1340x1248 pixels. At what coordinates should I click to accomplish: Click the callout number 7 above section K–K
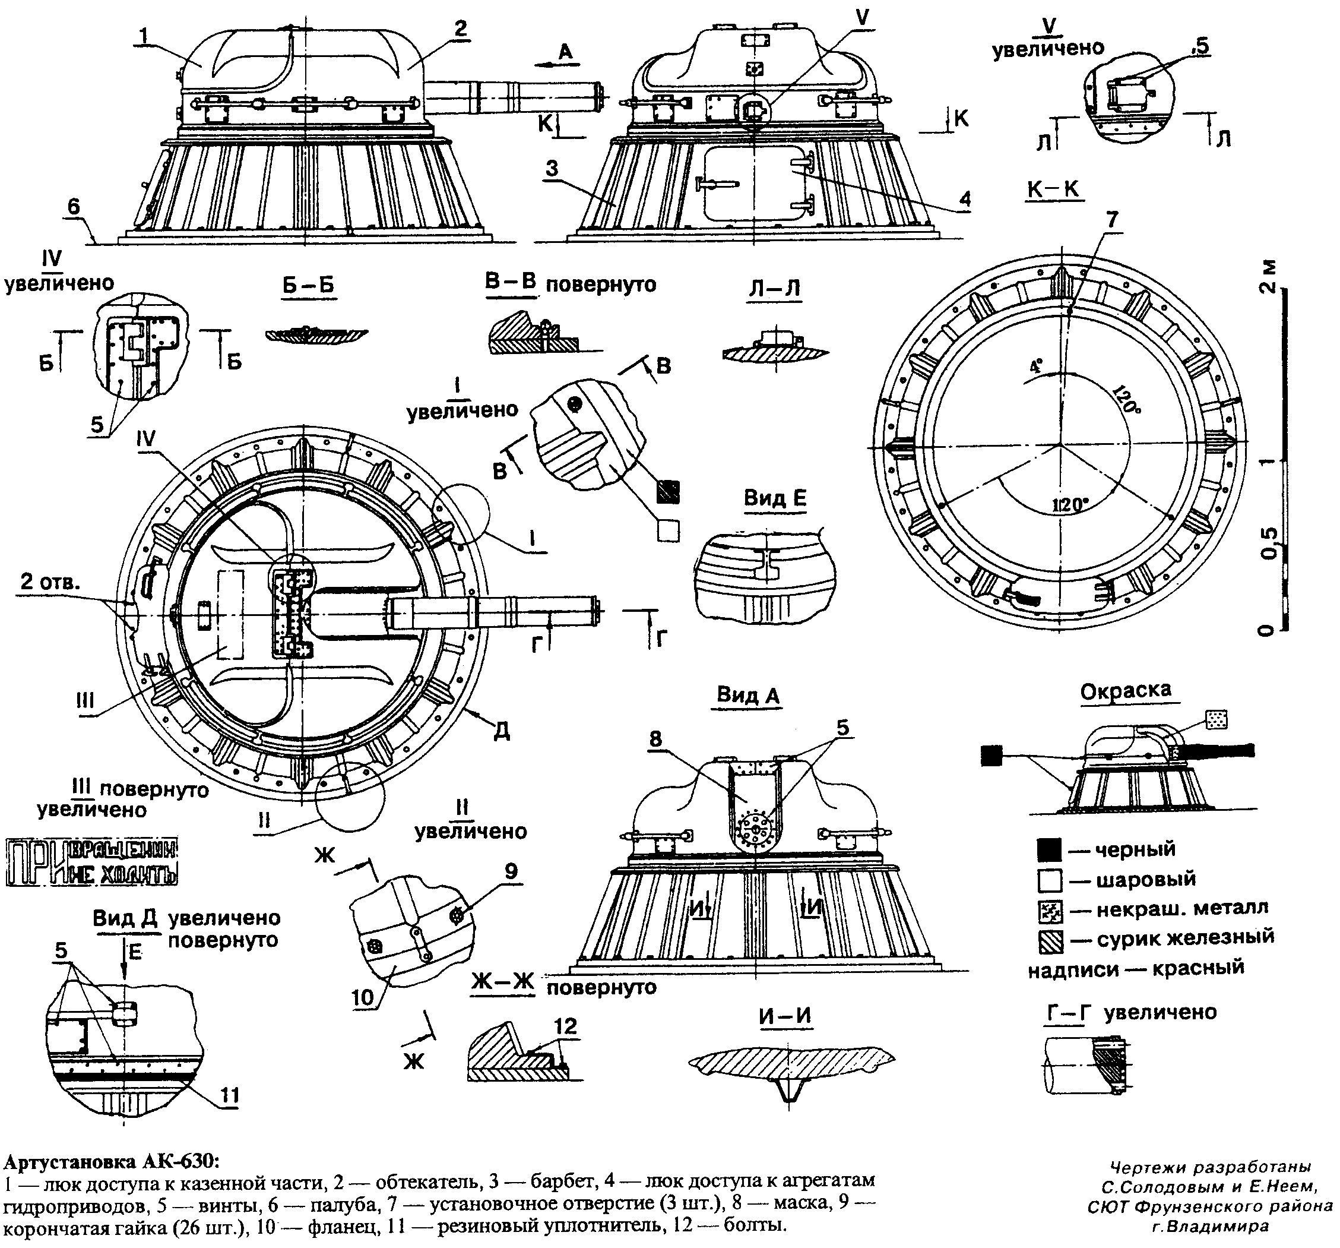[x=1111, y=220]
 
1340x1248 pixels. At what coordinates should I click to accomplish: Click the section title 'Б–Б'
[x=309, y=285]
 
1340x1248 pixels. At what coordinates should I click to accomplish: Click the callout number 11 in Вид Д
[x=230, y=1094]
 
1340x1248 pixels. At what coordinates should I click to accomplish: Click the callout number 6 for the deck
[x=74, y=206]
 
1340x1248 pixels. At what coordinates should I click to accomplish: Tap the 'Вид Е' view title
[x=775, y=498]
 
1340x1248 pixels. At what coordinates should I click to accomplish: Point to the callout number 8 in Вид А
[x=656, y=740]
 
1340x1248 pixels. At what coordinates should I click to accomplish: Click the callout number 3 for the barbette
[x=552, y=169]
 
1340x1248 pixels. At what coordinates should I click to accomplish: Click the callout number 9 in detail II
[x=511, y=872]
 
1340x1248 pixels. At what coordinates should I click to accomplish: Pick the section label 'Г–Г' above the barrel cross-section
[x=1067, y=1012]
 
